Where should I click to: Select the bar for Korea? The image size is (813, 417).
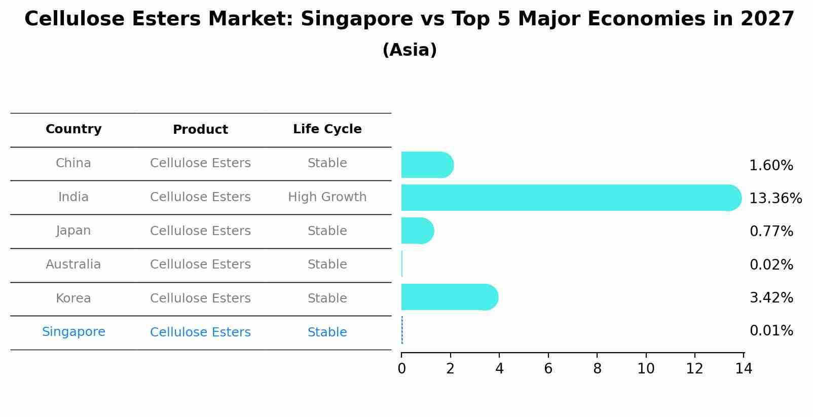click(x=449, y=297)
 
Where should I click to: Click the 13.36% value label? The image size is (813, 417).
click(x=775, y=199)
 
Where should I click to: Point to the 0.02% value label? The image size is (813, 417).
click(x=771, y=264)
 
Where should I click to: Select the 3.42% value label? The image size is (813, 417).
click(x=771, y=297)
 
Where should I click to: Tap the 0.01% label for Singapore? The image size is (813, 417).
click(x=771, y=331)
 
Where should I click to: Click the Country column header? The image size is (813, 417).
click(x=73, y=129)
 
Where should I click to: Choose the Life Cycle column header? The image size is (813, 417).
click(x=327, y=129)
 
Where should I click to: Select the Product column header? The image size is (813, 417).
click(x=200, y=130)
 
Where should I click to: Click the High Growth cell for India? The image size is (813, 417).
click(x=327, y=197)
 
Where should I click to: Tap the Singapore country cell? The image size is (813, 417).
click(x=73, y=332)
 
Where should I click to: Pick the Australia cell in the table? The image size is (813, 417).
click(x=73, y=264)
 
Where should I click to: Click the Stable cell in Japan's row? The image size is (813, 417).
click(x=327, y=231)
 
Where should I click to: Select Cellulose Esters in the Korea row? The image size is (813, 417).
click(x=200, y=298)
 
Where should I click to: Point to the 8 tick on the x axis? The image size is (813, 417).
click(x=597, y=369)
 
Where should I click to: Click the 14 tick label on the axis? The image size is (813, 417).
click(x=744, y=369)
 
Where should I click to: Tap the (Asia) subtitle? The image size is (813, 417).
click(x=410, y=50)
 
